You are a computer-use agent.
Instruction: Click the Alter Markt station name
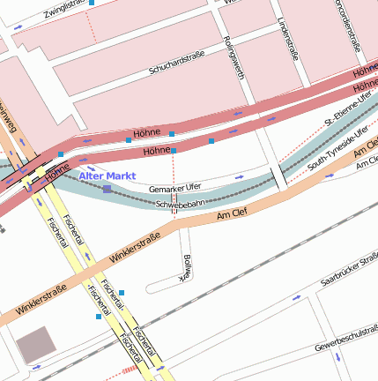[107, 176]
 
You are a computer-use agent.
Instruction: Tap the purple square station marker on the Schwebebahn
[107, 190]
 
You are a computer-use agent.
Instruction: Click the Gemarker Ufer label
[175, 187]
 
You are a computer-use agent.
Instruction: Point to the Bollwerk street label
[186, 267]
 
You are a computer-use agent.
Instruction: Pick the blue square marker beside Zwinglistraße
[93, 4]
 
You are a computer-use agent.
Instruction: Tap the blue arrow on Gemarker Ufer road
[240, 176]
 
